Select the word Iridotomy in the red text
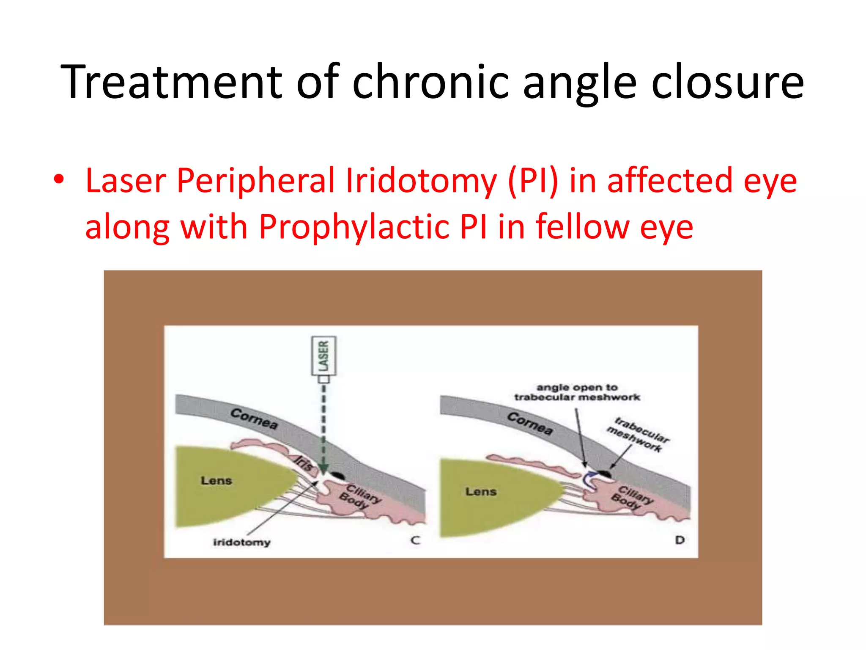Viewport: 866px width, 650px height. coord(421,181)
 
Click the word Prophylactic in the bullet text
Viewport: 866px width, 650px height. coord(354,227)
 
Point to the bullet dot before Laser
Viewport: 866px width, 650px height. coord(59,179)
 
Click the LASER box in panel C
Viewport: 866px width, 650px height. coord(324,356)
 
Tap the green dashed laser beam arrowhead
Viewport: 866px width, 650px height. coord(323,469)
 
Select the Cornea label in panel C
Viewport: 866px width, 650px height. coord(254,419)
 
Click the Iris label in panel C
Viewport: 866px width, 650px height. coord(304,463)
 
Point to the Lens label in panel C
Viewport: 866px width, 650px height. coord(216,481)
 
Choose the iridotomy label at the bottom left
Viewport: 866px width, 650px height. coord(241,542)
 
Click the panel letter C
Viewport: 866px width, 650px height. coord(416,540)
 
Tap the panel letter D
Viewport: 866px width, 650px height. coord(680,540)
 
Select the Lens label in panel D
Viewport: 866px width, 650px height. coord(481,492)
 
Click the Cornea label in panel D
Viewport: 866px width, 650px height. coord(530,423)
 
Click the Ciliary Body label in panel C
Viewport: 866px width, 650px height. coord(360,497)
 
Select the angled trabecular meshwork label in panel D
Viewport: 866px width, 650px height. coord(638,435)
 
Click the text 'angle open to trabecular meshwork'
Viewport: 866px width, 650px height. coord(577,392)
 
